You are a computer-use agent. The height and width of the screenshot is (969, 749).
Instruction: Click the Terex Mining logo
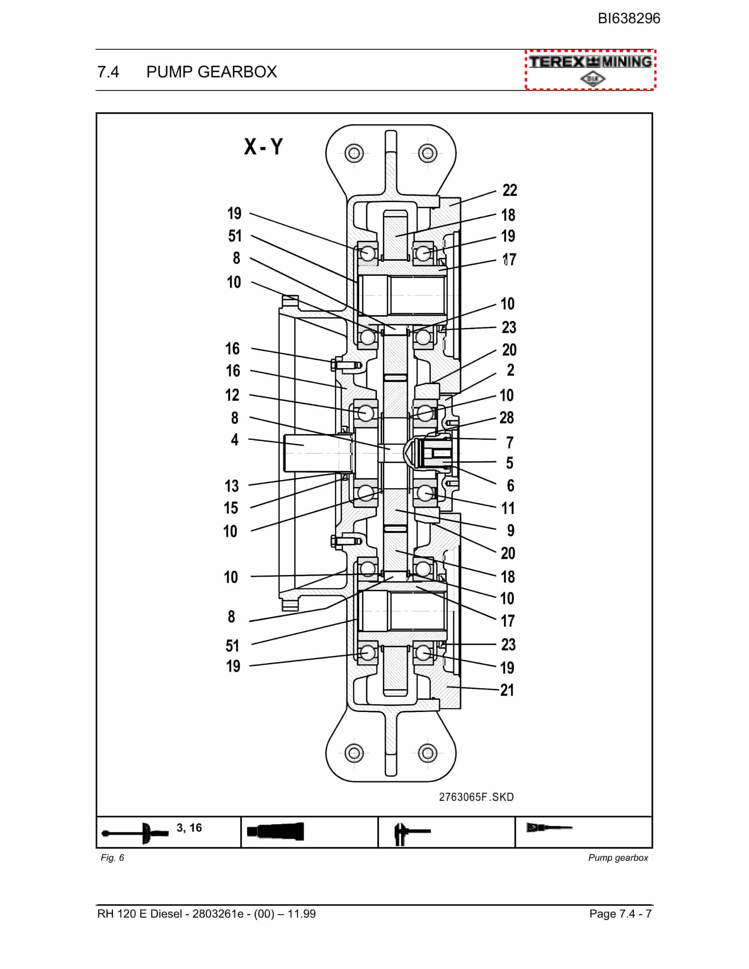click(x=590, y=70)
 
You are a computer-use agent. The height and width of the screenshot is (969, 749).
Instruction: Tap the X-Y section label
click(x=263, y=147)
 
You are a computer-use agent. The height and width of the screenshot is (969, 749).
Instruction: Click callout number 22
click(x=509, y=190)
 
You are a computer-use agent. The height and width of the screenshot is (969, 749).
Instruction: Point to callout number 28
click(x=507, y=418)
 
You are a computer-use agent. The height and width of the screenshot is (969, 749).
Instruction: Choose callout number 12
click(x=232, y=395)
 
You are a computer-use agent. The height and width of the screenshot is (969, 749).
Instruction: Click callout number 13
click(x=232, y=486)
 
